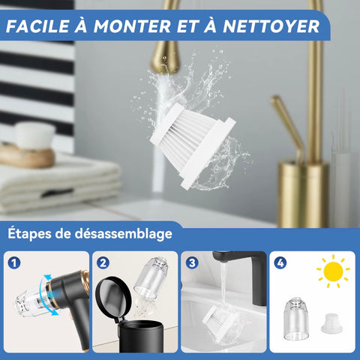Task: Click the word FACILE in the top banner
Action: [37, 26]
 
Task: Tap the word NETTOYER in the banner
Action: [271, 26]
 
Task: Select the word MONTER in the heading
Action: [132, 26]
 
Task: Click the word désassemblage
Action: [124, 234]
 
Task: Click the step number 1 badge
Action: [14, 263]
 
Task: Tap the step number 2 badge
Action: [103, 263]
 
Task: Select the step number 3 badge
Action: [192, 263]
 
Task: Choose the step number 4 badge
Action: [280, 263]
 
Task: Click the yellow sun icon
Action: [333, 271]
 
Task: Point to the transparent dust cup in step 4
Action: [295, 318]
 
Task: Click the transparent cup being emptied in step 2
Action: [151, 277]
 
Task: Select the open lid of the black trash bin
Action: [113, 297]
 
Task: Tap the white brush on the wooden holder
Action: [34, 136]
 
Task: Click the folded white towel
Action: [59, 184]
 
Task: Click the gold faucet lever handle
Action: [288, 125]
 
